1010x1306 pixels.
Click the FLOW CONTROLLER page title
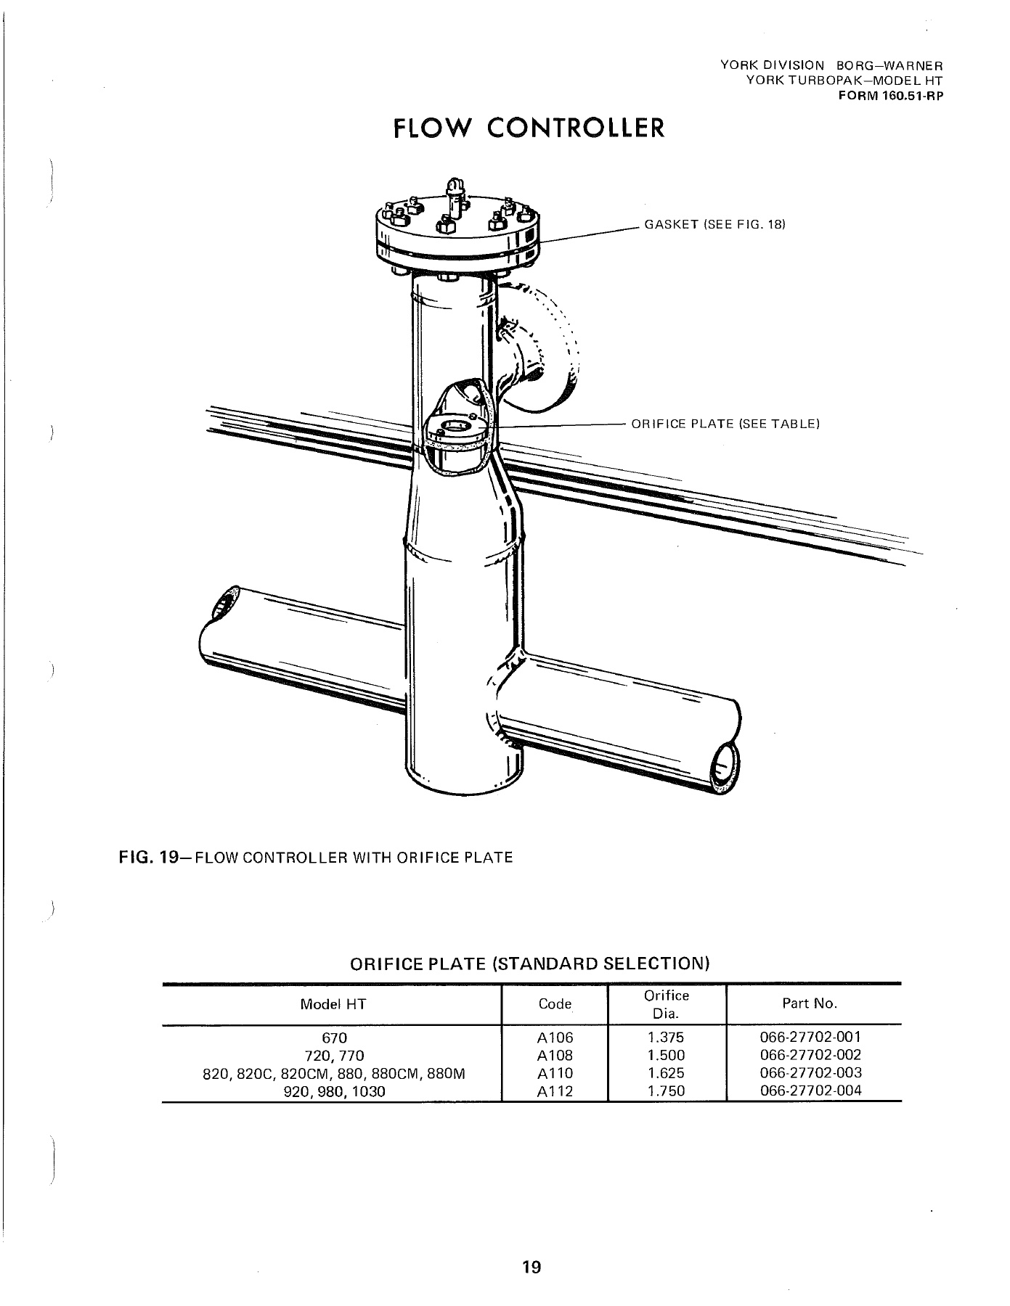click(528, 128)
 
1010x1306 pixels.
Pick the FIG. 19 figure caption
click(316, 858)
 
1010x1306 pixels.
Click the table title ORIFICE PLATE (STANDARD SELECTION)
click(529, 964)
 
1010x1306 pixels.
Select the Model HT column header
click(333, 1004)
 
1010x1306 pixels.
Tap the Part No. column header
click(810, 1003)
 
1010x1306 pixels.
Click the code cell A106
click(555, 1038)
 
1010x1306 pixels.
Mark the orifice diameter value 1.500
click(666, 1056)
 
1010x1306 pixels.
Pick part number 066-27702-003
click(810, 1073)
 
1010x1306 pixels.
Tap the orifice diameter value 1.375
click(666, 1038)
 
